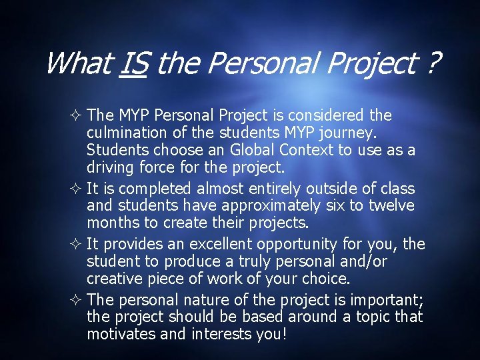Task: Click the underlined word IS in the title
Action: pyautogui.click(x=135, y=64)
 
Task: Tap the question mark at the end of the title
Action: pyautogui.click(x=433, y=64)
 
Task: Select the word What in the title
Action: pyautogui.click(x=77, y=64)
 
